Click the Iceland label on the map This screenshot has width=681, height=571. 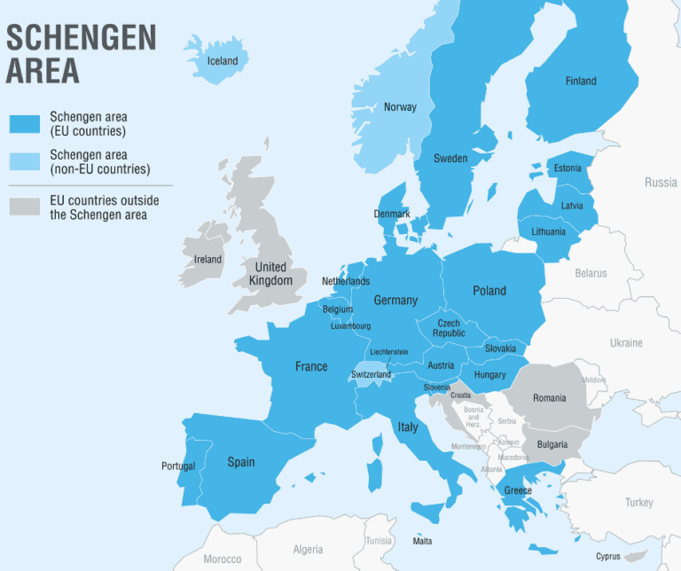(x=223, y=61)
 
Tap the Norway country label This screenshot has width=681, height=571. (x=400, y=107)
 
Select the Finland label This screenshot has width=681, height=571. (x=581, y=82)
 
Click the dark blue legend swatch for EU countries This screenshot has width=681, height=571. (x=24, y=123)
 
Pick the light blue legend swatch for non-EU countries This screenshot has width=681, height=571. (x=24, y=161)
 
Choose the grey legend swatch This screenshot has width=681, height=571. (x=24, y=207)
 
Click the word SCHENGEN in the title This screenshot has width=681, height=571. (x=82, y=38)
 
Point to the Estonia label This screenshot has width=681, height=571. (x=567, y=168)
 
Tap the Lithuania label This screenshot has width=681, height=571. (x=549, y=232)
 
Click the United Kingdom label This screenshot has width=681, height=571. (x=270, y=274)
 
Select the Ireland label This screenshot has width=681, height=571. (x=207, y=260)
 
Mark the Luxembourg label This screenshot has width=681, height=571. (x=350, y=326)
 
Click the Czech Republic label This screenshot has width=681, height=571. (x=449, y=328)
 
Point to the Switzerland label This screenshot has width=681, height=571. (x=371, y=375)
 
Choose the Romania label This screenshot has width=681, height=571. (x=550, y=398)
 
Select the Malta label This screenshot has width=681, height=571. (x=423, y=541)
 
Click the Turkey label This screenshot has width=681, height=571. (x=638, y=503)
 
